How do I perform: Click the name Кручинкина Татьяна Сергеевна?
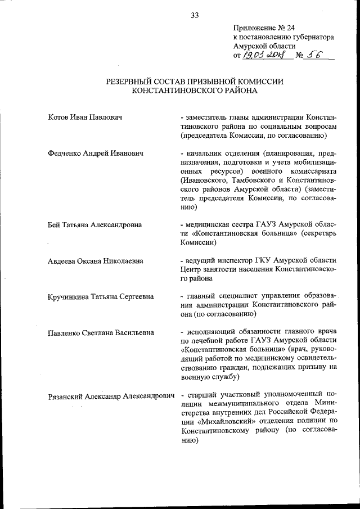point(101,296)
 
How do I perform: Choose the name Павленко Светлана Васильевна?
point(101,332)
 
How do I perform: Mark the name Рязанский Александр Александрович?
point(111,397)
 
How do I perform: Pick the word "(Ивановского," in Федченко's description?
point(206,181)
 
